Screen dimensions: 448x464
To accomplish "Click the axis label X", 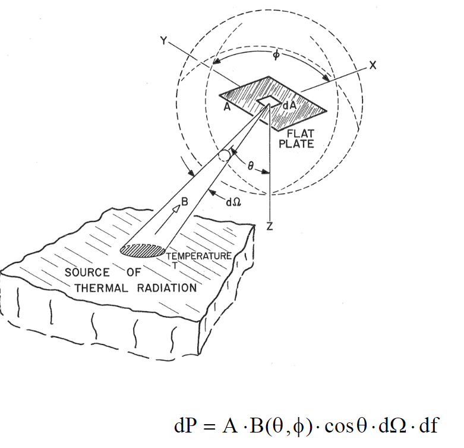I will [373, 67].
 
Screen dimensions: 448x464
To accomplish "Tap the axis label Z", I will [270, 227].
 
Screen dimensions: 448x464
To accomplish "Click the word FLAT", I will [300, 133].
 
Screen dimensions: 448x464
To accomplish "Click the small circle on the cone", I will [223, 156].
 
